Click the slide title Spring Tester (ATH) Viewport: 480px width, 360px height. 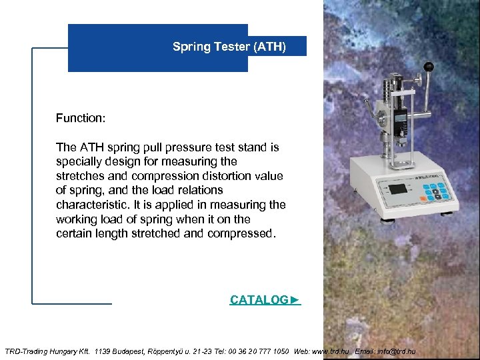[x=229, y=47]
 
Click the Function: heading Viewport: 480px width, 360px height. [x=81, y=118]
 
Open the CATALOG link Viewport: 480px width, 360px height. [x=265, y=300]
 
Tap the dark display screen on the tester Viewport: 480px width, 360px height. [x=397, y=189]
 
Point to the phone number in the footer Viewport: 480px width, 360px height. [x=257, y=351]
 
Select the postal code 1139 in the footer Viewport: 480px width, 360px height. [x=103, y=351]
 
